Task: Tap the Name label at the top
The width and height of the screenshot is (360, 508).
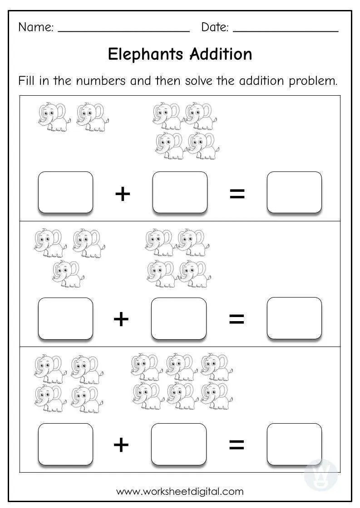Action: click(35, 27)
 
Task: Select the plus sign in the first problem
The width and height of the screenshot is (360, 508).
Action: click(123, 194)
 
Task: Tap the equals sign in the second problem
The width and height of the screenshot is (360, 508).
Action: click(237, 319)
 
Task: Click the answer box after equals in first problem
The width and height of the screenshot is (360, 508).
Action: click(294, 192)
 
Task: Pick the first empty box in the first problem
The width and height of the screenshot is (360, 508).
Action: click(65, 192)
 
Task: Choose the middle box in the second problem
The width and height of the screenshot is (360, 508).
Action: click(178, 318)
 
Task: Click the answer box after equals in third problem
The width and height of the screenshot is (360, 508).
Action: click(294, 444)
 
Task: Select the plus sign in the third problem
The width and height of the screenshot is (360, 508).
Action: click(121, 445)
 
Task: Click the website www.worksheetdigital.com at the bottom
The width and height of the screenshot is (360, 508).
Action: click(180, 491)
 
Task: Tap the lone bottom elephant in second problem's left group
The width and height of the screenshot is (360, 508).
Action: click(67, 274)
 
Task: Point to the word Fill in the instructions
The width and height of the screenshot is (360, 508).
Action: click(27, 81)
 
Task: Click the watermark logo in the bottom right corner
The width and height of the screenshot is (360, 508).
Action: click(321, 474)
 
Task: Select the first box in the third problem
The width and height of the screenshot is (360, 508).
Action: click(65, 444)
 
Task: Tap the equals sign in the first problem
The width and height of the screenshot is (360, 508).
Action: click(237, 194)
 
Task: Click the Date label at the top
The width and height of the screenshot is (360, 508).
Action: click(215, 27)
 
